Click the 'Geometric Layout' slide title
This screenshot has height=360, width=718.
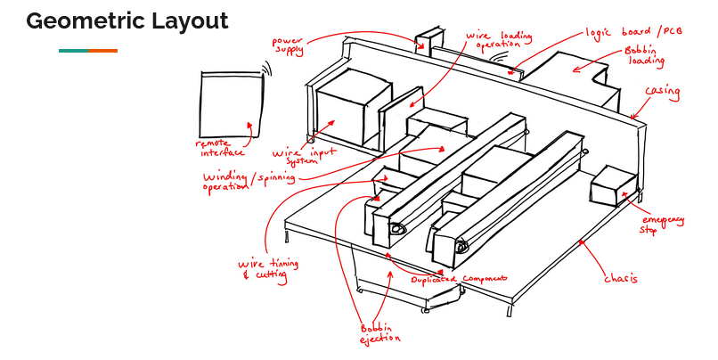pos(126,21)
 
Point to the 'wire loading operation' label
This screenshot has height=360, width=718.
pos(499,40)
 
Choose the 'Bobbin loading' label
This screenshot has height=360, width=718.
pos(644,56)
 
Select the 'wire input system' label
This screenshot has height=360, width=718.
pos(304,157)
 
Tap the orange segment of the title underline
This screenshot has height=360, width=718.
pos(102,51)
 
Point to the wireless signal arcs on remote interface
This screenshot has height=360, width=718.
pos(265,68)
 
